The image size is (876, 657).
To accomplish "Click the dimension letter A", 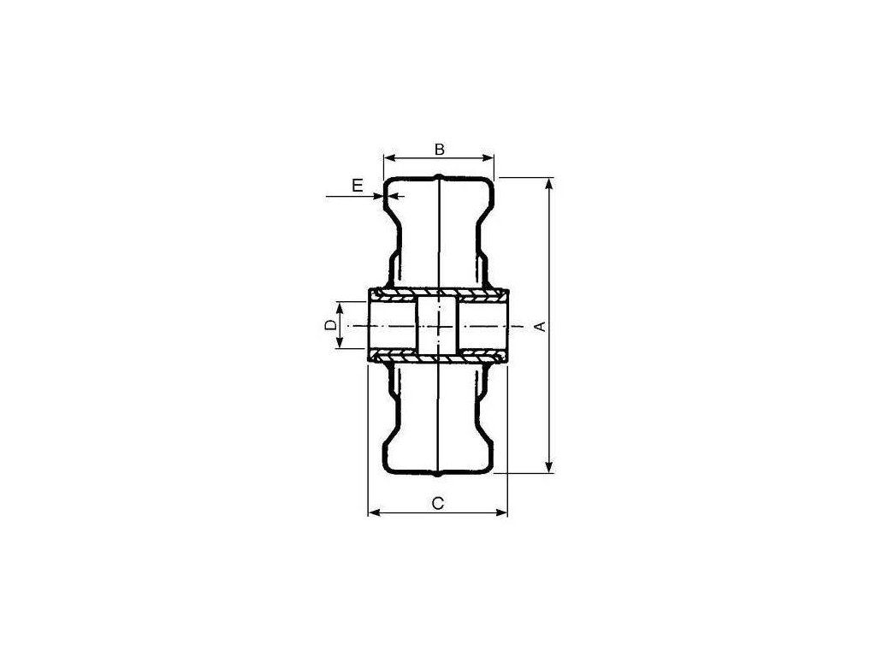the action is [541, 326].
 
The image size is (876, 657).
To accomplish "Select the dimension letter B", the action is [439, 149].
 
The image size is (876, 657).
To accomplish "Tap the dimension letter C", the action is [439, 503].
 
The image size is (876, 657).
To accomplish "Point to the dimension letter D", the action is [331, 325].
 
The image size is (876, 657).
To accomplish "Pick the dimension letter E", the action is [358, 185].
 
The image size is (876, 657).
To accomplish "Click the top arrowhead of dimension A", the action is [550, 183].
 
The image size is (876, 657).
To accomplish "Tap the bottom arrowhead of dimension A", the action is [550, 467].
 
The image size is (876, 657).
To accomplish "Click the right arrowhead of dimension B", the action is [488, 158].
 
